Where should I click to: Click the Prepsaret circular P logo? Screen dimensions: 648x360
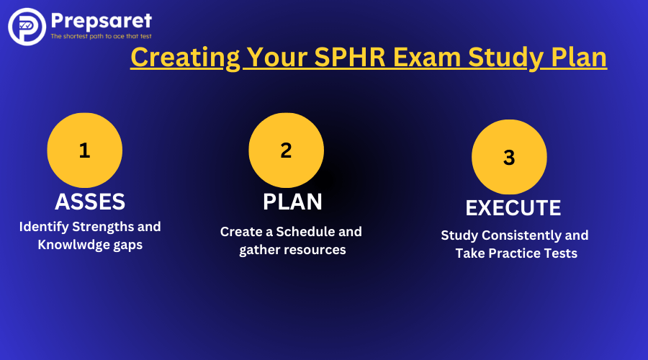point(27,27)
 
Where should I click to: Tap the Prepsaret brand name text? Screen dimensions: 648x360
point(102,21)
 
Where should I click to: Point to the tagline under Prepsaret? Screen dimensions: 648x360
point(101,37)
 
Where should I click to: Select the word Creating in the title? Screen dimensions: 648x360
point(185,58)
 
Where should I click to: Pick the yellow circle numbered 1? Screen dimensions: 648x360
point(85,150)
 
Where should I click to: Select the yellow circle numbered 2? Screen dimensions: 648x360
point(286,150)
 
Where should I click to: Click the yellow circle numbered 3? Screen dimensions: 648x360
point(509,157)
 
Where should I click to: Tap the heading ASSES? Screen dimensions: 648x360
point(90,202)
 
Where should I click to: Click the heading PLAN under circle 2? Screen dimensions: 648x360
point(292,202)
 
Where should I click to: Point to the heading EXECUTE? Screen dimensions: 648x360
point(513,208)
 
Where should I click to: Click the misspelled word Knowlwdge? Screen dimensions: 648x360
point(74,245)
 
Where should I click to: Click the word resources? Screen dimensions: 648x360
point(316,250)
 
